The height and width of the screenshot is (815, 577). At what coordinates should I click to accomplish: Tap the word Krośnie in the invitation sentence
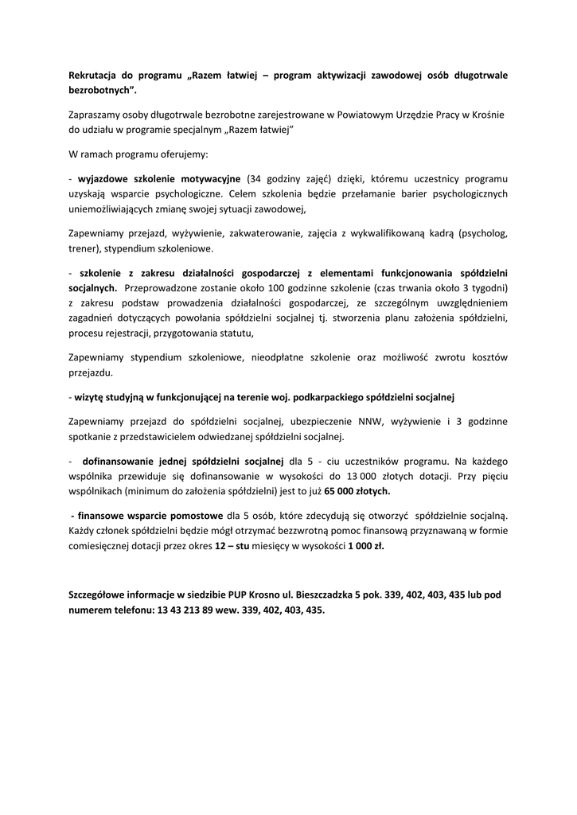(x=487, y=114)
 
